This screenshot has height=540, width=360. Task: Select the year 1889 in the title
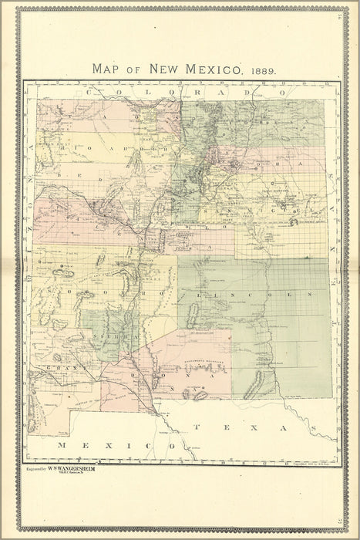pyautogui.click(x=263, y=69)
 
